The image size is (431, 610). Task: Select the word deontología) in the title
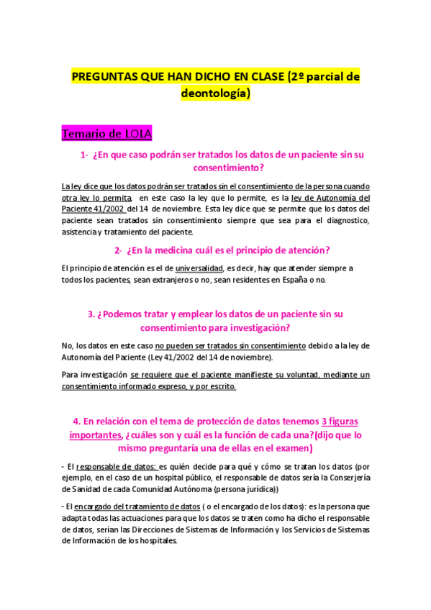pyautogui.click(x=215, y=93)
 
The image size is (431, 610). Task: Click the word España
pyautogui.click(x=298, y=280)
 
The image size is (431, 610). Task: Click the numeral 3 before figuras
pyautogui.click(x=324, y=421)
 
